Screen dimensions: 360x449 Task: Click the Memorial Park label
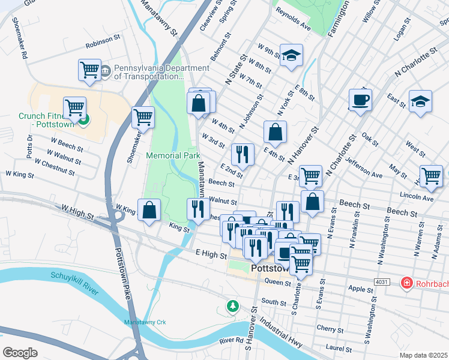pos(173,155)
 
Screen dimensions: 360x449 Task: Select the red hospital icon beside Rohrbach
pos(406,282)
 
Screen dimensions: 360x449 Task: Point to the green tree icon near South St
pos(232,306)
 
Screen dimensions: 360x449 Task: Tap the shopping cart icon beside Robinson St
pos(89,70)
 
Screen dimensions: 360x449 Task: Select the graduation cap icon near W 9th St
pos(291,56)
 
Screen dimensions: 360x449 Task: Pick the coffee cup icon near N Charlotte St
pos(360,100)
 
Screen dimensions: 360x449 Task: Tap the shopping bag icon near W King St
pos(150,209)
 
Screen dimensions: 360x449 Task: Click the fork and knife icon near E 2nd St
pos(243,154)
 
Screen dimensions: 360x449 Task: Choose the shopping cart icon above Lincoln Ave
pos(430,176)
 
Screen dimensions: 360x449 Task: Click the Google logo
pos(20,352)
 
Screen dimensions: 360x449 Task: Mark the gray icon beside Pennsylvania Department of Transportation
pos(106,71)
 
